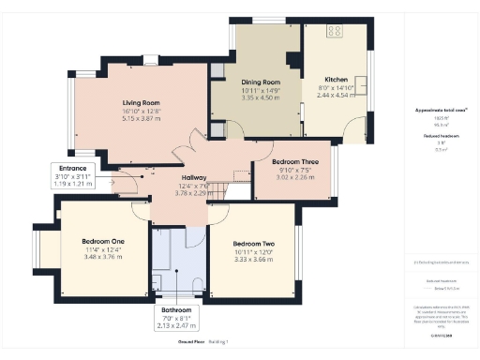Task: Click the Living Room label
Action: coord(142,102)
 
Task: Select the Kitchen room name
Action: coord(336,80)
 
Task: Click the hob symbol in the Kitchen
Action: coord(334,32)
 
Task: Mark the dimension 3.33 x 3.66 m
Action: coord(253,260)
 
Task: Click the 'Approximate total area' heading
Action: coord(441,110)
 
